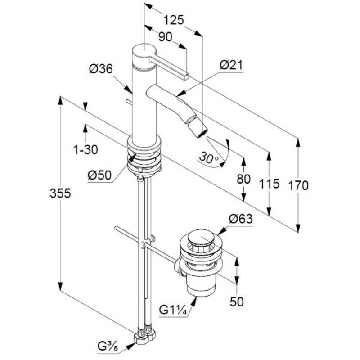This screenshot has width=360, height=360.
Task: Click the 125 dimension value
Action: click(174, 20)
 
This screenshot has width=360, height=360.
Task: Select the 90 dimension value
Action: click(166, 37)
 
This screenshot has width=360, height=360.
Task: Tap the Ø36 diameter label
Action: click(101, 69)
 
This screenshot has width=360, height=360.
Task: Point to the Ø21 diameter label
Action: click(231, 65)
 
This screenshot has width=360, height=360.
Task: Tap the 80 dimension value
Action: click(243, 179)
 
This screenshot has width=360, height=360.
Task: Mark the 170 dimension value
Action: click(298, 185)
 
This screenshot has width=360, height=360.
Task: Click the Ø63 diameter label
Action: click(240, 219)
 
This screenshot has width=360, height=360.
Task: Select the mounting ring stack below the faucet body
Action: click(144, 155)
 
